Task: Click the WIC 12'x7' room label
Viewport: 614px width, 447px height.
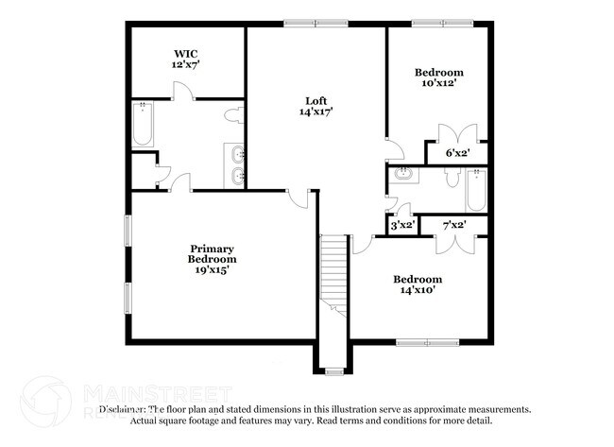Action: click(185, 60)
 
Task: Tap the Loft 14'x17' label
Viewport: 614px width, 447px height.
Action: click(316, 106)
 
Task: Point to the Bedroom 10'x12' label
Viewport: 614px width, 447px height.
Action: click(439, 77)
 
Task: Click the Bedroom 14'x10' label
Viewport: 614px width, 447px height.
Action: click(418, 285)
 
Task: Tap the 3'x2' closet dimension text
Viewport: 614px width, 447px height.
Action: click(402, 225)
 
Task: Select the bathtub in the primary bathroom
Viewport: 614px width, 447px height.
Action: click(143, 123)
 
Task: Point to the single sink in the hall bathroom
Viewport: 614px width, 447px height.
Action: click(403, 174)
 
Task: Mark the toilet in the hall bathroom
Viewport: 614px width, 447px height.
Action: click(451, 178)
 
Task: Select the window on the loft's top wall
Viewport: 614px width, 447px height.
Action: click(316, 24)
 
